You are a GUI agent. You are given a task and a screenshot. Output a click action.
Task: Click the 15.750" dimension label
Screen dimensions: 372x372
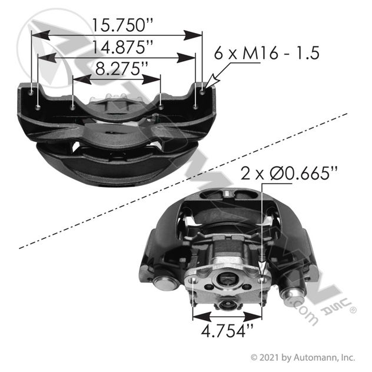(x=122, y=25)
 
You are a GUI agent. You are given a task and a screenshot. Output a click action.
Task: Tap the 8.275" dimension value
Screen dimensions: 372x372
(x=122, y=69)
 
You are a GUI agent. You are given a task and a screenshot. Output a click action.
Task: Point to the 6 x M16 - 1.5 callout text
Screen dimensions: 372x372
(x=267, y=53)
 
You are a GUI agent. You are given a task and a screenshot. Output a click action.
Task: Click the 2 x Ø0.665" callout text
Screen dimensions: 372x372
(x=289, y=173)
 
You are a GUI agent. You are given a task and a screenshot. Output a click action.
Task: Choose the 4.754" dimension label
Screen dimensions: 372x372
(x=227, y=331)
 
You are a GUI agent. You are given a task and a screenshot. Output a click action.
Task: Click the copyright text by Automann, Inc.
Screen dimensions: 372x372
(x=303, y=357)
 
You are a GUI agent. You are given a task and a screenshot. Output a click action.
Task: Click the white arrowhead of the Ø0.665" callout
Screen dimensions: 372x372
(x=262, y=268)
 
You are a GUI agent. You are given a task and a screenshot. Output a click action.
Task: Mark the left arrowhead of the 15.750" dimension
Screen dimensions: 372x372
(x=41, y=35)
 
